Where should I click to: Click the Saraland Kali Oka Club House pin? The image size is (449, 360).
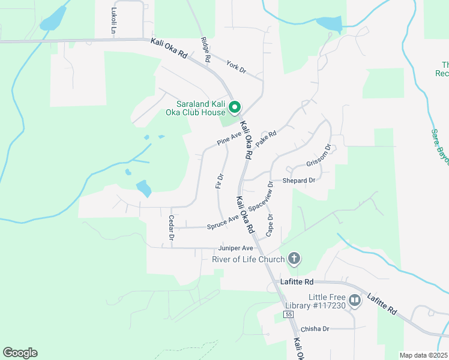pos(235,107)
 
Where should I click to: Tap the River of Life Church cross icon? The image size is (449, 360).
pos(294,259)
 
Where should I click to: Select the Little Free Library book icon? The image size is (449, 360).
pos(354,299)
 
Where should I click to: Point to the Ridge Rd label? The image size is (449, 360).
pos(205,50)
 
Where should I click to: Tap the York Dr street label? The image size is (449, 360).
pos(236,66)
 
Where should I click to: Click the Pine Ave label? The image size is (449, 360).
pos(229,139)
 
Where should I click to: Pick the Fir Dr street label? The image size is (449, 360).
pos(220,182)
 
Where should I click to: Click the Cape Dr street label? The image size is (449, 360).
pos(270,225)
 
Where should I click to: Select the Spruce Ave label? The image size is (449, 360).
pos(223,223)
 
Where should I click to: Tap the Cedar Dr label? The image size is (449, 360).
pos(171,228)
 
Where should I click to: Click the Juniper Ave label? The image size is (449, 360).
pos(236,247)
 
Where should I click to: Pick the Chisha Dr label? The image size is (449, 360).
pos(315,329)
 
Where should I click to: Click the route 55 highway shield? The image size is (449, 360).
pos(289,314)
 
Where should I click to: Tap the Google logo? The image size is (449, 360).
pos(20,353)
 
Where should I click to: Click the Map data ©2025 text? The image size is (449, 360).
pos(424,355)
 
